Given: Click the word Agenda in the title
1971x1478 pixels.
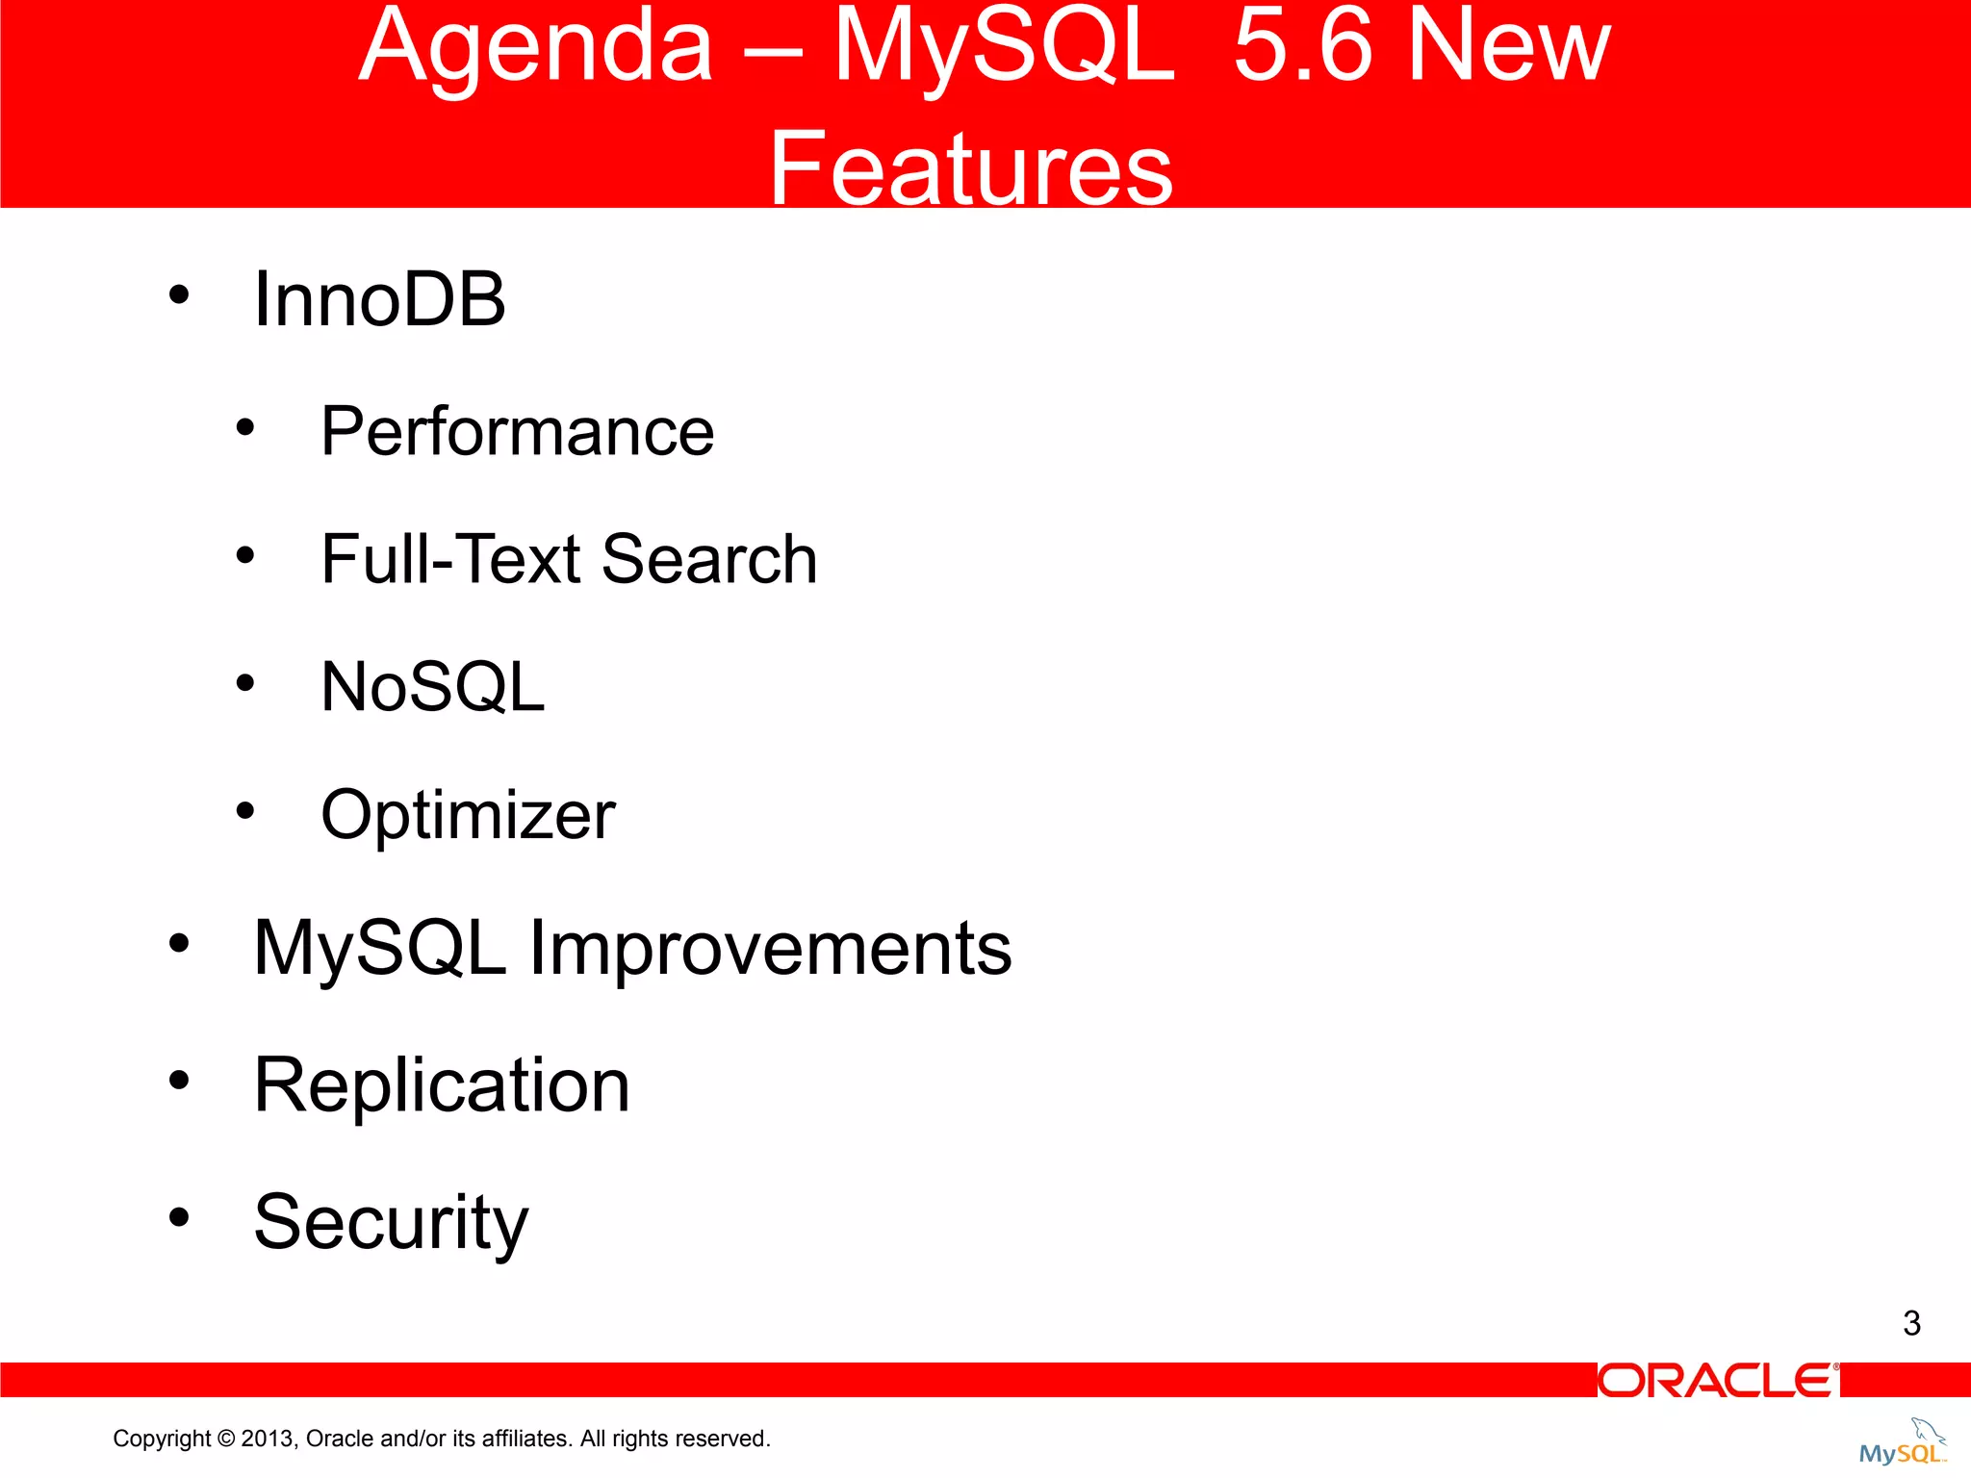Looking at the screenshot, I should [535, 48].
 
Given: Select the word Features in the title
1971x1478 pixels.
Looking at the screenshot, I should [970, 169].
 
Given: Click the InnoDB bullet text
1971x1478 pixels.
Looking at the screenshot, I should [379, 300].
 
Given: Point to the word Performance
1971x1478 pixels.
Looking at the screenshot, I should [517, 432].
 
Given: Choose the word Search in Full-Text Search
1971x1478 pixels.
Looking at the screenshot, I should [709, 559].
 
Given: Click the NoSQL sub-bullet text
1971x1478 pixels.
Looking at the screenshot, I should [432, 687].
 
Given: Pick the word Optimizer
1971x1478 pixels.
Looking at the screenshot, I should [468, 816].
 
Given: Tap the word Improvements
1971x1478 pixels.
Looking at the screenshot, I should [770, 949].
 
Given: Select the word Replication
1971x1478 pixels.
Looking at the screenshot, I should [442, 1085].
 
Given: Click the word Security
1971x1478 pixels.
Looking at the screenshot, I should [391, 1222].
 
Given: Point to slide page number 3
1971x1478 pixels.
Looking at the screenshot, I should [1911, 1323].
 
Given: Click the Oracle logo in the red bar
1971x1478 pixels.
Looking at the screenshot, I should [1718, 1381].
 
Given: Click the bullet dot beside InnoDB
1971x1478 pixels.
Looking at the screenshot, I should [179, 294].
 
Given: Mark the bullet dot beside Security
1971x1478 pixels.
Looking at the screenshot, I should [179, 1217].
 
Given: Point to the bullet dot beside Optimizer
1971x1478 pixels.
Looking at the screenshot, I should [245, 811].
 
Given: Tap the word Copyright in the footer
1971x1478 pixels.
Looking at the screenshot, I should [161, 1439].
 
